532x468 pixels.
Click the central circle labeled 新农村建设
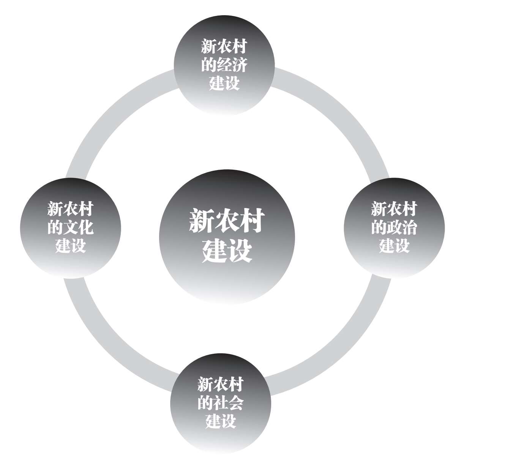point(227,237)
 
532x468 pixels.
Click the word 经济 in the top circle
point(232,65)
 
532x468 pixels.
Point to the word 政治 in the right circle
point(401,228)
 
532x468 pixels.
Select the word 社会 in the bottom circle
point(228,403)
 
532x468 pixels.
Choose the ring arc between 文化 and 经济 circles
point(110,114)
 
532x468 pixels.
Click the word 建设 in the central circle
point(227,251)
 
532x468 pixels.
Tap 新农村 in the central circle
point(227,221)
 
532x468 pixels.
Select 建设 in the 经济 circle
point(224,83)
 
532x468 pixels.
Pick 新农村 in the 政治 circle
point(394,209)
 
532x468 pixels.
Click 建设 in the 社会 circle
point(221,421)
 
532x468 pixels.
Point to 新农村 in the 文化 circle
point(70,209)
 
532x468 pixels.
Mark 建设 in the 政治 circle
point(394,245)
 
